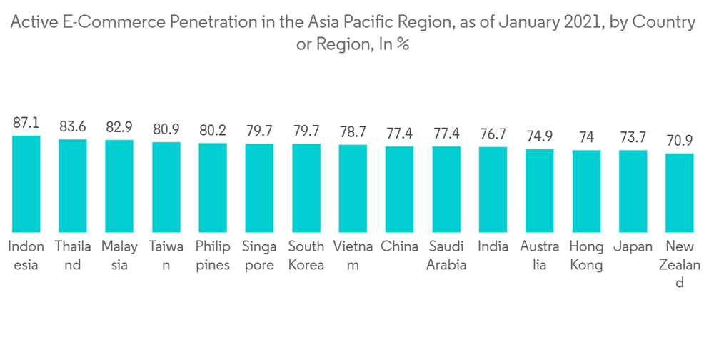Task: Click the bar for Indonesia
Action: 26,184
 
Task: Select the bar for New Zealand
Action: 680,192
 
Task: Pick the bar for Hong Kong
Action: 586,191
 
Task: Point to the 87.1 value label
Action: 26,123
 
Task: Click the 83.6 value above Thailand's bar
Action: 73,127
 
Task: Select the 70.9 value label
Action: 680,140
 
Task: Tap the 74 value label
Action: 586,137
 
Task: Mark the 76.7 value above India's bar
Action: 493,134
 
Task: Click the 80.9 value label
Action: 166,130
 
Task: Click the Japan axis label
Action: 633,247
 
